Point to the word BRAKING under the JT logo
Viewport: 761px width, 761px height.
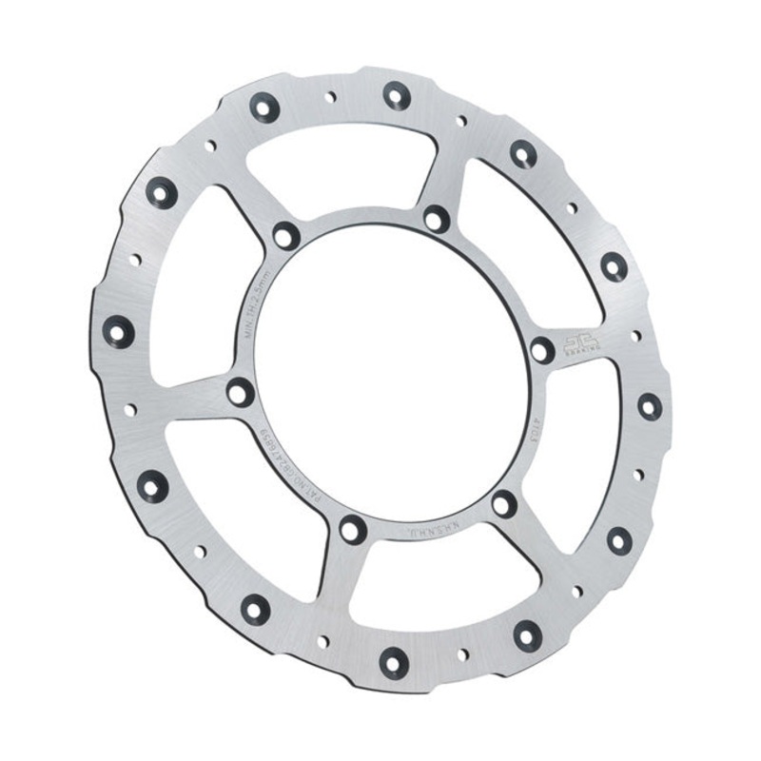(x=576, y=351)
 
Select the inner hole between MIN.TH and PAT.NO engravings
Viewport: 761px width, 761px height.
(x=241, y=391)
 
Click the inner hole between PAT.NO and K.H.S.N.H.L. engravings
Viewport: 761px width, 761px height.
(x=353, y=528)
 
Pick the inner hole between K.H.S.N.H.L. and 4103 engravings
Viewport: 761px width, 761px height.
(x=505, y=503)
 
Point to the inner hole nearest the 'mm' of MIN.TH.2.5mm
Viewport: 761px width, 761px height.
(x=285, y=235)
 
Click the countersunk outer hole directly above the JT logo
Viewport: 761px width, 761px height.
(x=615, y=266)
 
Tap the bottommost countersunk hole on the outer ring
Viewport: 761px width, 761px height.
(x=394, y=663)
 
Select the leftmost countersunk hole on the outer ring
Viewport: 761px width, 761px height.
(x=119, y=331)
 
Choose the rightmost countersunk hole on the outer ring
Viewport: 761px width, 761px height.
(x=650, y=406)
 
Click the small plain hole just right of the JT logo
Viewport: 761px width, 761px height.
(x=635, y=336)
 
